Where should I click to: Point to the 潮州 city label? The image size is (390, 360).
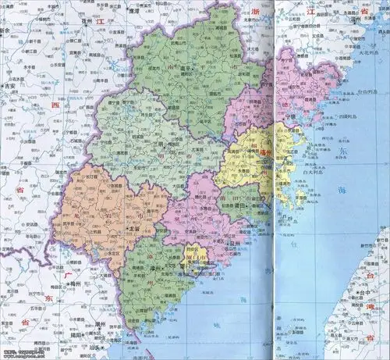tap(102, 321)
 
